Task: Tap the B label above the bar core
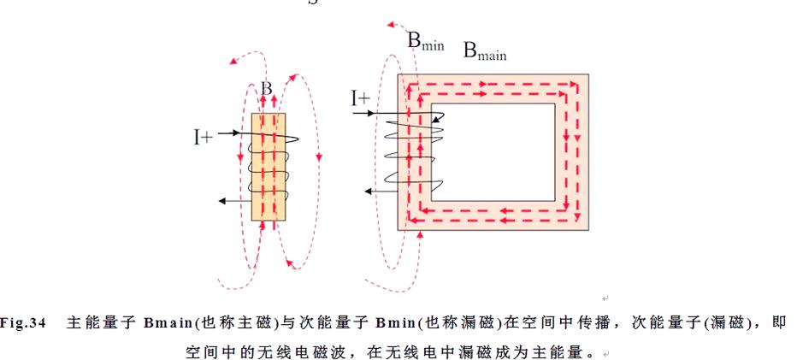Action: point(268,88)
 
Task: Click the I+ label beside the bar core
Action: point(203,135)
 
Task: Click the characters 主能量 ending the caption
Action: point(565,351)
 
